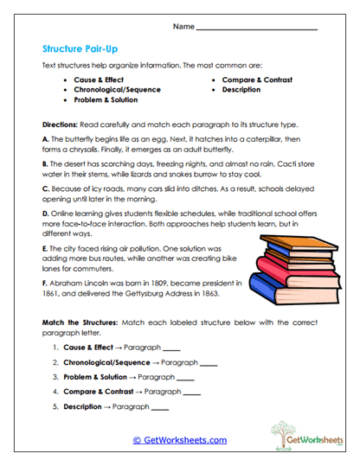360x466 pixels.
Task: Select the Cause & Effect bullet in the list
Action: point(100,80)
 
